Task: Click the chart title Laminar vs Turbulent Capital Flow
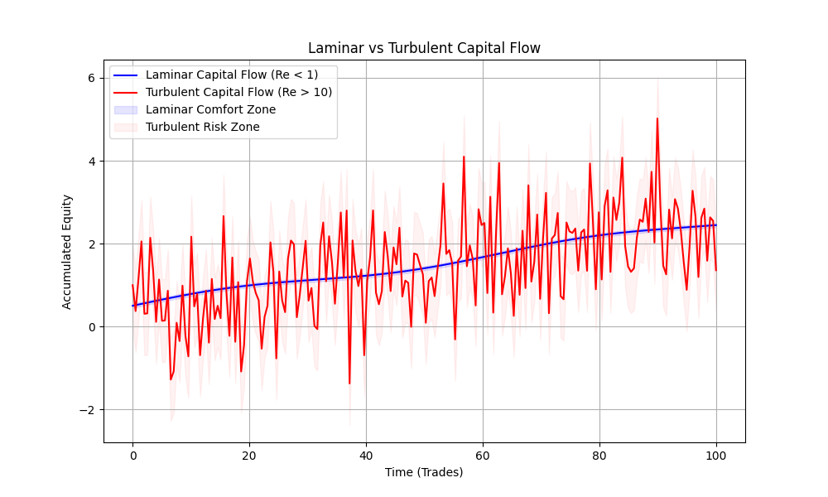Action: (424, 48)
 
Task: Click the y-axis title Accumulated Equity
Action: (67, 251)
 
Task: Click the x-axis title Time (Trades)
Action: (424, 472)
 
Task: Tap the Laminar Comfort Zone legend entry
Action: (210, 109)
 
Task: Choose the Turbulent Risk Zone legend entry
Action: (202, 127)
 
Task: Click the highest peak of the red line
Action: (657, 118)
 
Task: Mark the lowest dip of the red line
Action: (349, 384)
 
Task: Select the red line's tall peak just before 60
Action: (464, 157)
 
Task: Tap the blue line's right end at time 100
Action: (716, 225)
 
